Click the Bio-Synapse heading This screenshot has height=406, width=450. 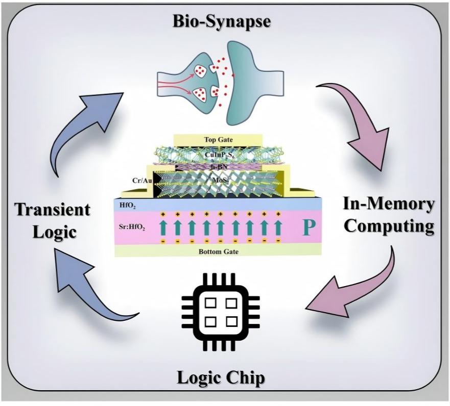(x=221, y=22)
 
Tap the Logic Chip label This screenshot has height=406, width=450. (x=221, y=377)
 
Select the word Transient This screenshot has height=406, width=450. (x=53, y=210)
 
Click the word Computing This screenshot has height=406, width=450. (x=389, y=226)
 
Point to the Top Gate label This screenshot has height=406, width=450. (x=219, y=140)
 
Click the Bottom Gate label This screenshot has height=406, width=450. (x=219, y=251)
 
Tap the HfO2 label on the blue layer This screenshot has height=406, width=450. (x=127, y=206)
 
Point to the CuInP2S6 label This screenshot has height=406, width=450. (x=219, y=155)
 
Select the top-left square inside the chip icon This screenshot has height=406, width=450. (x=211, y=303)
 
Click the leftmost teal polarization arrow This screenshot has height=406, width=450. (x=163, y=227)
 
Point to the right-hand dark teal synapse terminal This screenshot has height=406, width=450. (x=252, y=83)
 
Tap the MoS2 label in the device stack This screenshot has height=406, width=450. (x=219, y=180)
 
